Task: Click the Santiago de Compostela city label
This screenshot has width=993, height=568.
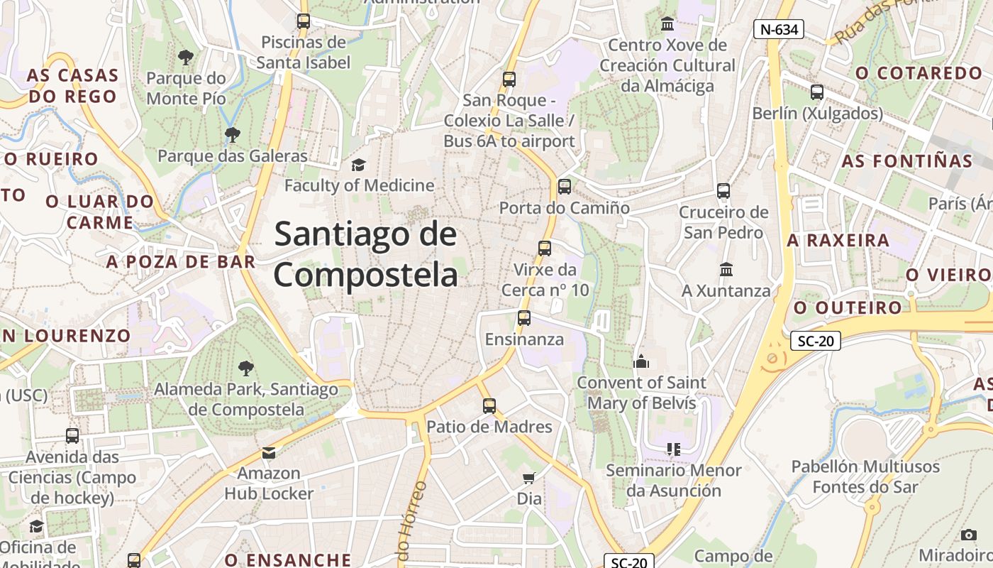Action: point(366,254)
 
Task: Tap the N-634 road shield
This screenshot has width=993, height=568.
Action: point(778,29)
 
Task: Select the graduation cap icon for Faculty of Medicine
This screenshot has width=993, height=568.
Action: point(359,165)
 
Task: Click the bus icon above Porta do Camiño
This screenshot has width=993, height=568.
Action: point(565,187)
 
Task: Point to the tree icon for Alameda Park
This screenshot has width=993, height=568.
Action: point(246,368)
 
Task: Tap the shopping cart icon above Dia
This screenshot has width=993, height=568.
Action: point(528,478)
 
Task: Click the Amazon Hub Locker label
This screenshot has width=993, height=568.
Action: point(269,483)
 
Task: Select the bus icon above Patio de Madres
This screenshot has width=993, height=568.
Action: point(489,406)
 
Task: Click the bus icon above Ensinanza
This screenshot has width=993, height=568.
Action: point(524,318)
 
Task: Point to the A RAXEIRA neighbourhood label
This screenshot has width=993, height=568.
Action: point(838,240)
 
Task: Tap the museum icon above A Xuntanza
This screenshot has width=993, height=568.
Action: point(726,270)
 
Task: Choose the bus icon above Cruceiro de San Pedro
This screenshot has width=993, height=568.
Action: point(723,191)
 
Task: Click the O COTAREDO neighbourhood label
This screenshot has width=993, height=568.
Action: point(919,73)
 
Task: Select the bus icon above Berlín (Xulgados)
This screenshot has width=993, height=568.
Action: point(817,92)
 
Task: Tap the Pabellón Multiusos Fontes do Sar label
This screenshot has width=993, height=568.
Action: point(865,477)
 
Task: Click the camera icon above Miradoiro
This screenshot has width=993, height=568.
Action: point(969,535)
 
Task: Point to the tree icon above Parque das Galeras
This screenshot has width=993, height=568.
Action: point(232,134)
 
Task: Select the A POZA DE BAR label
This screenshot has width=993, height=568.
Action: point(181,261)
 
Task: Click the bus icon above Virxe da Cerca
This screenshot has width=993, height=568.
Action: point(545,248)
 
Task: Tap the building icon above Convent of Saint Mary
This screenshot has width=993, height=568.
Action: point(641,361)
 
